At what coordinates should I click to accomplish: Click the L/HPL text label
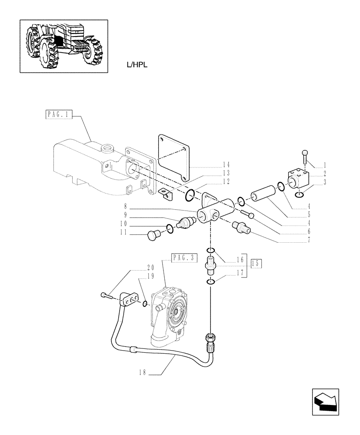click(136, 65)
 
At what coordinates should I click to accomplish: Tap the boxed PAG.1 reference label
click(58, 115)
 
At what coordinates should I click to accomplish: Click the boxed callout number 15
click(257, 263)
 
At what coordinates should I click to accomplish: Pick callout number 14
click(226, 165)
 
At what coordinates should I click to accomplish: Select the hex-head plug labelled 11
click(152, 235)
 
